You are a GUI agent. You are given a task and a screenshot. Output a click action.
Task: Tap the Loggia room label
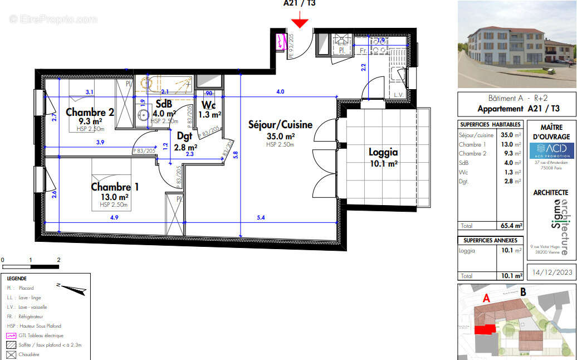(x=383, y=152)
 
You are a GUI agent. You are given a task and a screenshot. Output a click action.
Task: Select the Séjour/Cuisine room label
(x=280, y=125)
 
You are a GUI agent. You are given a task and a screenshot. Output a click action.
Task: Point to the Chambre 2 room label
(x=90, y=112)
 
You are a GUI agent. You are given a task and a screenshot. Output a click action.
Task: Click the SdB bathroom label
(x=164, y=104)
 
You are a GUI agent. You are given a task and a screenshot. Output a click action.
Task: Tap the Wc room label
(x=209, y=105)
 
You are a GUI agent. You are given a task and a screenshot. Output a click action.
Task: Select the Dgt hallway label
(x=184, y=135)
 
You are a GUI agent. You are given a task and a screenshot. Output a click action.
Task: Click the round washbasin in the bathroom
(x=143, y=115)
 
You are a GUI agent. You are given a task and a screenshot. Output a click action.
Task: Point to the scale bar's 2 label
(x=58, y=260)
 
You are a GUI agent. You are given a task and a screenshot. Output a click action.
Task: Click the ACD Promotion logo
(x=551, y=151)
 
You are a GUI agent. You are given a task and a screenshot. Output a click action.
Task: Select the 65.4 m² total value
(x=511, y=226)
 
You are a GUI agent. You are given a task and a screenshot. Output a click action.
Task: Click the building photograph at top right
(x=516, y=44)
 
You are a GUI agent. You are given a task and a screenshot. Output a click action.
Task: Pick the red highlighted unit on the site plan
(x=484, y=329)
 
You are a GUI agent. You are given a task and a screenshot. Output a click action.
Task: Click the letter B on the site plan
(x=522, y=291)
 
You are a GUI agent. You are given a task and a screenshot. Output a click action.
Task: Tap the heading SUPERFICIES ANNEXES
(x=490, y=240)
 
